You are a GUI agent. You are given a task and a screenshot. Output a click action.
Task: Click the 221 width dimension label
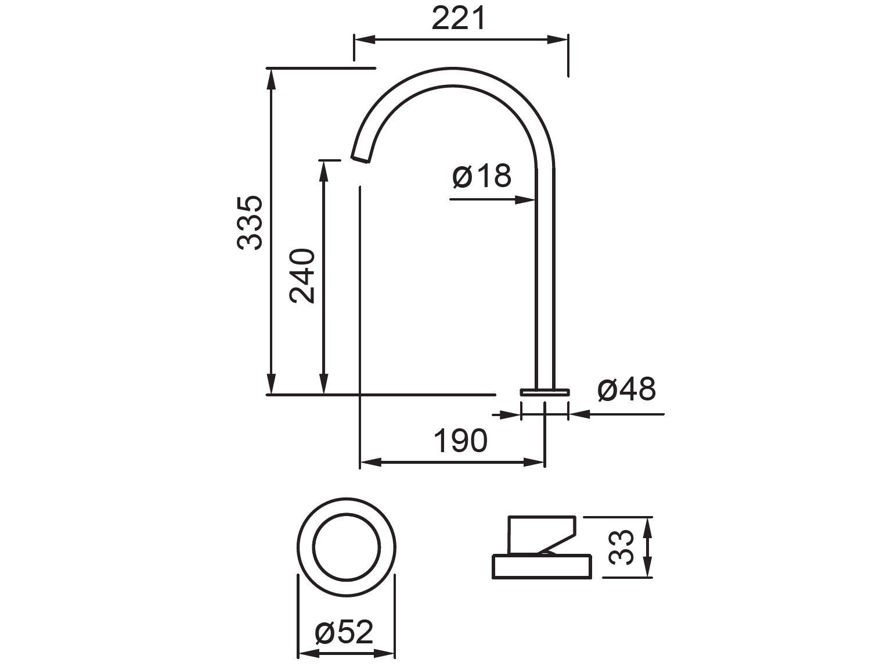(458, 19)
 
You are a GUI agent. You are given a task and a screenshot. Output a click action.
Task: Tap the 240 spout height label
(302, 276)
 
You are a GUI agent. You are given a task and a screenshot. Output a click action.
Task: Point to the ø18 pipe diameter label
(482, 175)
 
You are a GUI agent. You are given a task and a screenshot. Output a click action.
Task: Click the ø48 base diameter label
(626, 389)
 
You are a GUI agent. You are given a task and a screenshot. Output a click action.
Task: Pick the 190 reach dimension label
(460, 441)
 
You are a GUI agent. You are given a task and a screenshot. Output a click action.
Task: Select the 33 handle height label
(622, 546)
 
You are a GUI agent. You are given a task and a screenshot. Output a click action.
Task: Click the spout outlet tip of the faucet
(360, 158)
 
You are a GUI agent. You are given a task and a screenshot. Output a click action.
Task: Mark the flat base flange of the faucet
(545, 392)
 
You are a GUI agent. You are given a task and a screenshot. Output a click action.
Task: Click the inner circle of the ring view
(346, 547)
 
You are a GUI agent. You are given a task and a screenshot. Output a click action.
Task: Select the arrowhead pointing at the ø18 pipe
(525, 199)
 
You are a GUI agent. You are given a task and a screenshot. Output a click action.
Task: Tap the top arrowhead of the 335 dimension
(270, 78)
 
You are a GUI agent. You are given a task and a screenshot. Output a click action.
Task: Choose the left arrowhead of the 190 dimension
(370, 463)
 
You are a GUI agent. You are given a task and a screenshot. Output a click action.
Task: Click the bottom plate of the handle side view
(542, 566)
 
